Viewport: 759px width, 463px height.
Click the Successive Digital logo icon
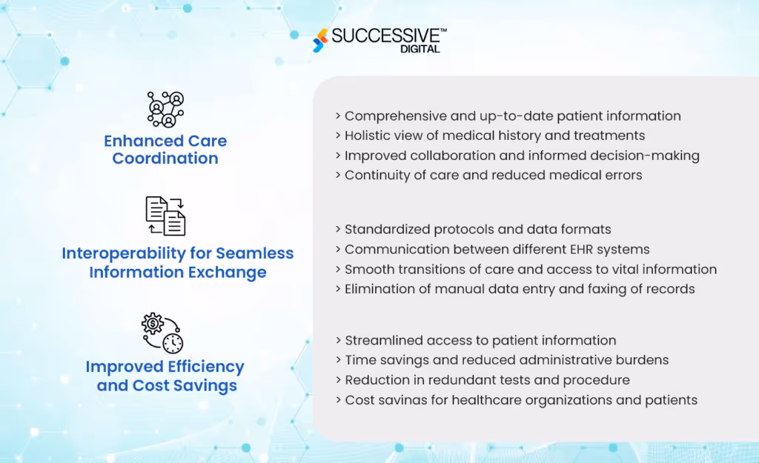(320, 40)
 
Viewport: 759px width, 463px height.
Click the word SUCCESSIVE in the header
(385, 35)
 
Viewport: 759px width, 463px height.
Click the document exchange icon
(165, 216)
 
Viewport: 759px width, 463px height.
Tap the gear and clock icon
(162, 333)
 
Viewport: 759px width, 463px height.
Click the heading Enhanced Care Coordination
(165, 150)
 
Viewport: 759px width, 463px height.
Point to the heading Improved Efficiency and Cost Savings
(165, 376)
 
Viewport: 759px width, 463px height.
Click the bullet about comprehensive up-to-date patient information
(512, 116)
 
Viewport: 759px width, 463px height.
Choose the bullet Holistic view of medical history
(494, 136)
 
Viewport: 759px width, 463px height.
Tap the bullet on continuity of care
(493, 176)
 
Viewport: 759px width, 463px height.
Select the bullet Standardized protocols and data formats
(477, 230)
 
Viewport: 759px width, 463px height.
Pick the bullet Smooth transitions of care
(530, 270)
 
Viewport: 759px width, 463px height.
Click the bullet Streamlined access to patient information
(480, 341)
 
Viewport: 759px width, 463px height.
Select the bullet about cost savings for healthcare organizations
(521, 400)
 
